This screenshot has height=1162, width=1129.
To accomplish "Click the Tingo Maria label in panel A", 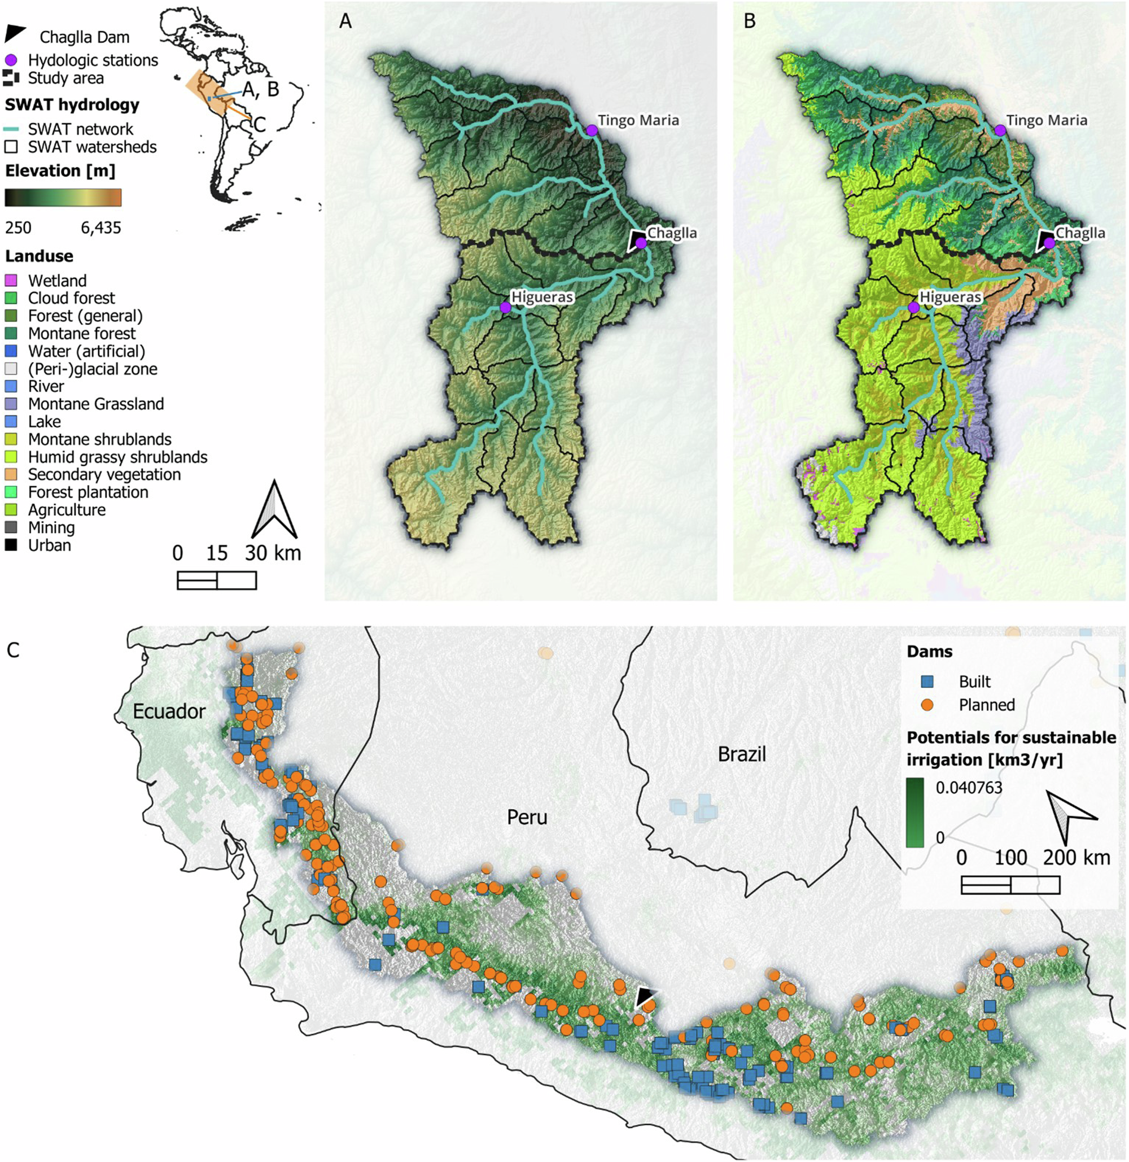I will [x=638, y=120].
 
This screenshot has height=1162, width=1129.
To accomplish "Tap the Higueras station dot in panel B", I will [x=913, y=307].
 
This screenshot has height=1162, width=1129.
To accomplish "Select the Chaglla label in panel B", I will [x=1080, y=233].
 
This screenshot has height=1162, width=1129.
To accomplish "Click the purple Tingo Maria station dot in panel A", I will [x=591, y=130].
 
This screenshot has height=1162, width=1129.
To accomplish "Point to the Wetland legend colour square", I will [x=11, y=281].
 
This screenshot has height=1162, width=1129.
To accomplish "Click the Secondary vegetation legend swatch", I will [x=11, y=474].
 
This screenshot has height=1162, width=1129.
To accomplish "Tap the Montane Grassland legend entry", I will [x=95, y=404].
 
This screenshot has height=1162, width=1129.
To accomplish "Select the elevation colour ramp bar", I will [x=63, y=198].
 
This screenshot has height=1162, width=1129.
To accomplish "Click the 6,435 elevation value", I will [x=101, y=228].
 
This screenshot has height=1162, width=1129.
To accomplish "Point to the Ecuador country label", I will [x=169, y=711].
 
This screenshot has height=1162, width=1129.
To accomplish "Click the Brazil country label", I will [x=742, y=754].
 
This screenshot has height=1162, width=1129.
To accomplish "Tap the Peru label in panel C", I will [x=527, y=817].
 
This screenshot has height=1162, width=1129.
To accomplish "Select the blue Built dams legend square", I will [x=928, y=682].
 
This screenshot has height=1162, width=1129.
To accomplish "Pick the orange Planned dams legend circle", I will [x=928, y=705].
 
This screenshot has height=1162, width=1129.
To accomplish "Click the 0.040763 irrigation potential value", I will [x=969, y=787].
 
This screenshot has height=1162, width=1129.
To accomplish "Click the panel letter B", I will [x=750, y=21].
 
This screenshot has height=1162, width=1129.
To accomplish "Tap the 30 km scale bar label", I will [x=273, y=553].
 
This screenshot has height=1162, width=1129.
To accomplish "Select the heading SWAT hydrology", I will [x=72, y=105].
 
